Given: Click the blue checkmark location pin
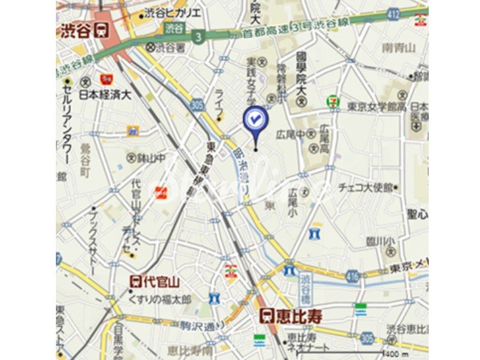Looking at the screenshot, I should (x=255, y=119).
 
